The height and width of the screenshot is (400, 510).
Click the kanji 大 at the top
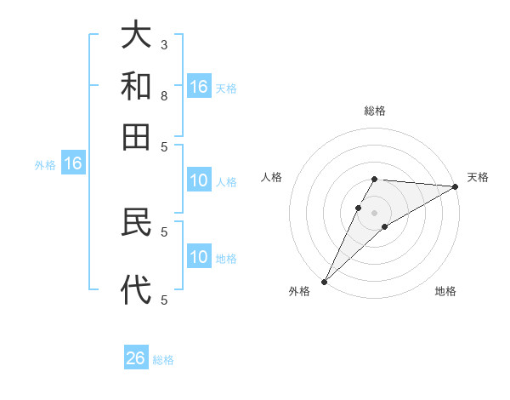[x=136, y=36]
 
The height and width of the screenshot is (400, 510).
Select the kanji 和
[x=136, y=86]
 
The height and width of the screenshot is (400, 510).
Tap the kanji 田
[x=136, y=136]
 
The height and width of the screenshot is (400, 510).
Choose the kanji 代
[x=136, y=290]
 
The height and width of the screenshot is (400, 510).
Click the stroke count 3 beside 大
[x=164, y=43]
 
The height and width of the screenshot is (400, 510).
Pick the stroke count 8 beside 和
[x=164, y=95]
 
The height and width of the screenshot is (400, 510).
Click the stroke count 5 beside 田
[x=164, y=146]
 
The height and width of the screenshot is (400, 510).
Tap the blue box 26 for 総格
[x=136, y=358]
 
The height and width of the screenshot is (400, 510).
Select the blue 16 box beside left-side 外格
[x=72, y=164]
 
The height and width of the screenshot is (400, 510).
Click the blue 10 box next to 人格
[x=198, y=180]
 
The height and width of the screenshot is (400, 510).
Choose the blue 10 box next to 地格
[x=198, y=258]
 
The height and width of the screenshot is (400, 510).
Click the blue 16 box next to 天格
[x=198, y=87]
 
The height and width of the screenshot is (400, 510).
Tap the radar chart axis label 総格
[x=375, y=111]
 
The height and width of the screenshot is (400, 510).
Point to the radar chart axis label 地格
[x=445, y=292]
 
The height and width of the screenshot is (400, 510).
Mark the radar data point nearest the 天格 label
[x=456, y=186]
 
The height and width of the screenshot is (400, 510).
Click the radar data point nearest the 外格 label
[x=324, y=282]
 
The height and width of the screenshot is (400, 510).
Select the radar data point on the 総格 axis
[x=375, y=179]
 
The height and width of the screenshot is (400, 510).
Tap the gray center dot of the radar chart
[x=375, y=212]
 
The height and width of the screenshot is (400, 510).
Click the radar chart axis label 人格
[x=271, y=177]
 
